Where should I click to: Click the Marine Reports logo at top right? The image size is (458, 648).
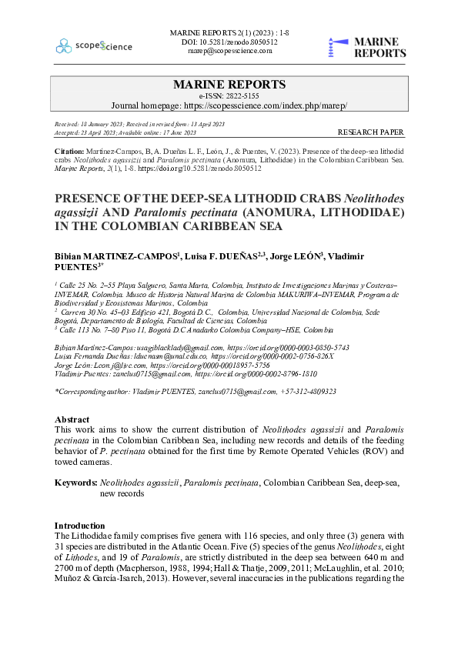click(366, 47)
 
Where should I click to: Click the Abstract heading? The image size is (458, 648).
click(73, 419)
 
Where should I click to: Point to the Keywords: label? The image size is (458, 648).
click(75, 483)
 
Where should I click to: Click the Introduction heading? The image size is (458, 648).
click(82, 524)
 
